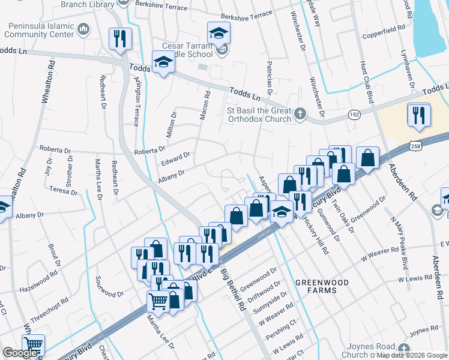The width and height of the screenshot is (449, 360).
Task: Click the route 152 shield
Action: pyautogui.click(x=355, y=114)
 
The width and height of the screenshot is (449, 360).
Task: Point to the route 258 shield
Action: pyautogui.click(x=415, y=146)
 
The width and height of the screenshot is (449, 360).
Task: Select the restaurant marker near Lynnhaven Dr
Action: pyautogui.click(x=418, y=114)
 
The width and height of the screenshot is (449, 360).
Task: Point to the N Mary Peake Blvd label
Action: pyautogui.click(x=403, y=243)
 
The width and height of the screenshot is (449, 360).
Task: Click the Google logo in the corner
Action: pyautogui.click(x=20, y=353)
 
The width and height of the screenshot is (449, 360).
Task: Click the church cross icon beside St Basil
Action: pyautogui.click(x=300, y=113)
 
